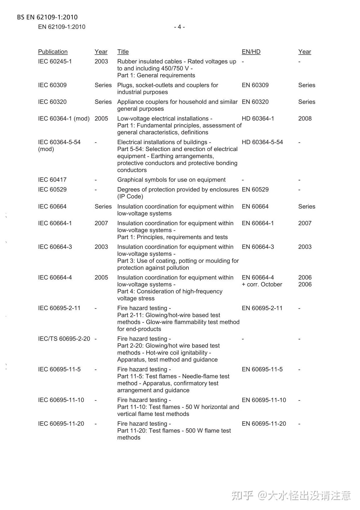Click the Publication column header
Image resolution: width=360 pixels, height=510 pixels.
[x=53, y=52]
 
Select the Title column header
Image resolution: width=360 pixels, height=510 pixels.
[x=123, y=52]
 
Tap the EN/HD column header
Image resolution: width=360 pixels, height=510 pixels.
[x=251, y=52]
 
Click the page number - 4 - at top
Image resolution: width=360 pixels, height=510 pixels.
[x=179, y=27]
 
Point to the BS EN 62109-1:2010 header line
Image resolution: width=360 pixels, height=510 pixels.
[x=47, y=17]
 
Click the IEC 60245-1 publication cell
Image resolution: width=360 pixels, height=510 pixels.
[x=55, y=62]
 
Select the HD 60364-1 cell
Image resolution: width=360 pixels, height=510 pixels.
[x=258, y=119]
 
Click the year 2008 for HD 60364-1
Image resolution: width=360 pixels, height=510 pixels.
[x=305, y=119]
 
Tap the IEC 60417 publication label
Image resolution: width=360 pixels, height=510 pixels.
[x=52, y=180]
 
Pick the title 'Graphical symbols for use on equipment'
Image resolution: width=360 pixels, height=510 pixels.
[x=171, y=180]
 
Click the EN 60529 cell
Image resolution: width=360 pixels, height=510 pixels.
[x=255, y=189]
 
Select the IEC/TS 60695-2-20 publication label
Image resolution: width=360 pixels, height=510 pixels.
[x=64, y=339]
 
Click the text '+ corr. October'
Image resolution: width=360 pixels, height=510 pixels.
[x=262, y=284]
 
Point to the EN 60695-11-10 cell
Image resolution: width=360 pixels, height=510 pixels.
[x=264, y=400]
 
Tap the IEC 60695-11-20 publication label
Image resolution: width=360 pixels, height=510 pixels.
[x=61, y=424]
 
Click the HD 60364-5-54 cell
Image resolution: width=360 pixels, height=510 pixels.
[x=262, y=142]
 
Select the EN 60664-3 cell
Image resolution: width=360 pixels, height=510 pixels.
[x=258, y=247]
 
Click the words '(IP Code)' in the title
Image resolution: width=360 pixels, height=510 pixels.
[x=130, y=196]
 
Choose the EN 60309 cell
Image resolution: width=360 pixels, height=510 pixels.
[x=255, y=85]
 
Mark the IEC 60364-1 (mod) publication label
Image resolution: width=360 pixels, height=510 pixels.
[x=64, y=119]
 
